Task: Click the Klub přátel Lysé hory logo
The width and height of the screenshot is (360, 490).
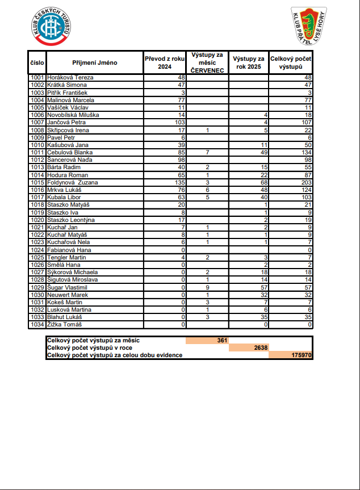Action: (309, 27)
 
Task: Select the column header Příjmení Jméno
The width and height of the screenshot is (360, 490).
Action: (95, 62)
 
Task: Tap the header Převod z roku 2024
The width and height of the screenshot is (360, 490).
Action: (165, 62)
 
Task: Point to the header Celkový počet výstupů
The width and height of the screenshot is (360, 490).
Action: (291, 62)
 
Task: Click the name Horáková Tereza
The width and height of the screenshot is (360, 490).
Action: (70, 77)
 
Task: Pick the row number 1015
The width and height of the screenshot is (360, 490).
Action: (37, 182)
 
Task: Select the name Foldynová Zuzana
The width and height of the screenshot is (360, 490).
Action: (73, 182)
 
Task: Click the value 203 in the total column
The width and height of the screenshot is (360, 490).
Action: (306, 182)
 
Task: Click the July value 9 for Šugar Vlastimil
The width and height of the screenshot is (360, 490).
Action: (207, 287)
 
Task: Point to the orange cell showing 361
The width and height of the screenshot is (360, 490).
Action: (207, 340)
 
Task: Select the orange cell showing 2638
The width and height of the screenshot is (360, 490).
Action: (249, 347)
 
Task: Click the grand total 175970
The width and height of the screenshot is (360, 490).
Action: (291, 355)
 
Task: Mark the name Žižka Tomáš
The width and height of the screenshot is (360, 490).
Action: (65, 324)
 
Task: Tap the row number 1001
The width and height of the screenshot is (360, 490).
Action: (37, 77)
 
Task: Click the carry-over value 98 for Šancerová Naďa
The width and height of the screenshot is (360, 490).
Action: (182, 160)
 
